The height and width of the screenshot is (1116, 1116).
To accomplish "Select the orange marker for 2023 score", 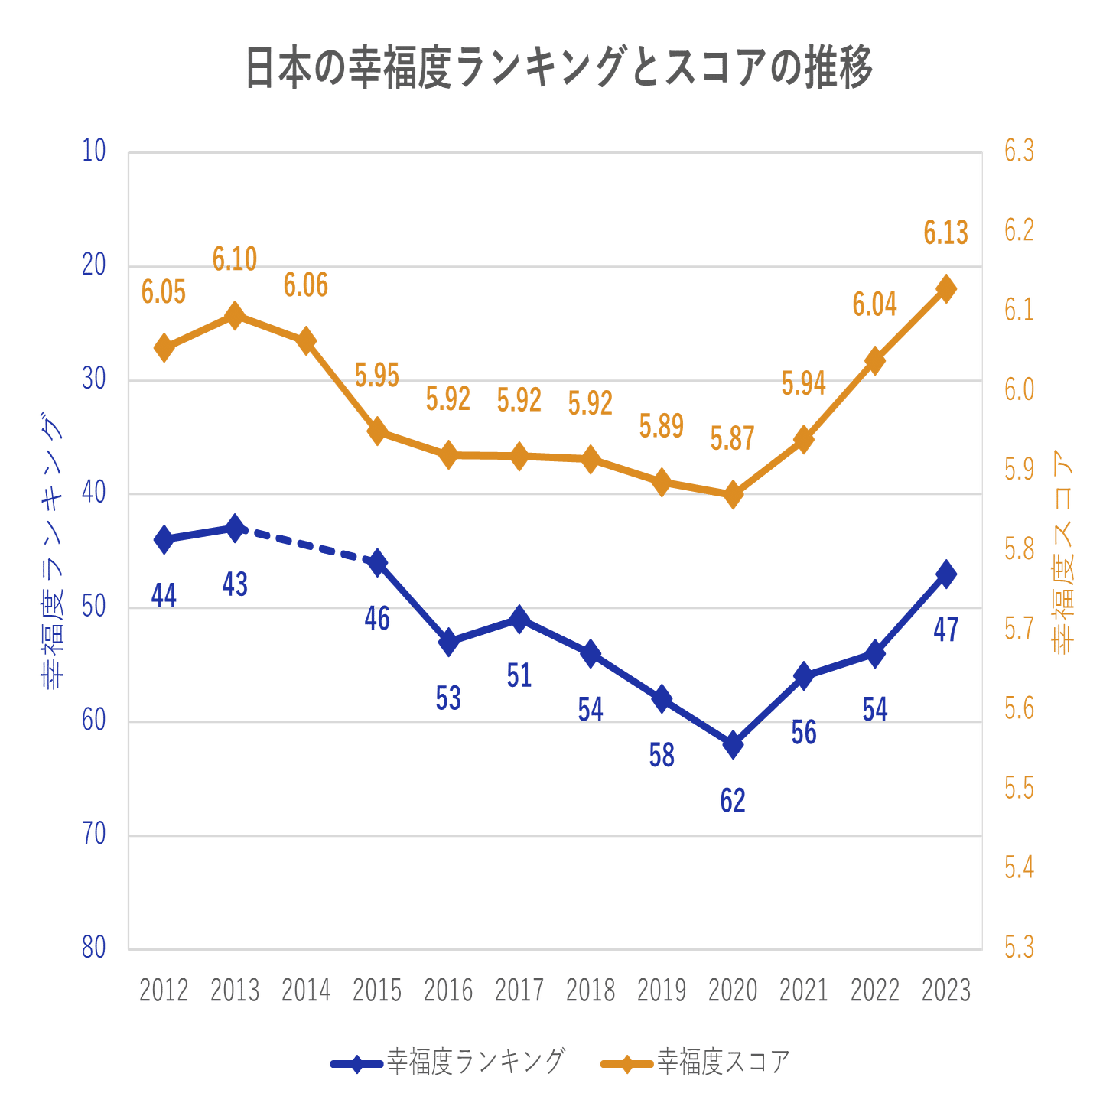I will [946, 289].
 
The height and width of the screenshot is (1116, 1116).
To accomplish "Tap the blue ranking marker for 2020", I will [733, 743].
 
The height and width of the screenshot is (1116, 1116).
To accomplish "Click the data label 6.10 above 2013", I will [235, 259].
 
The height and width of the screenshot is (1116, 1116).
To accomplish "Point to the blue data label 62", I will [733, 800].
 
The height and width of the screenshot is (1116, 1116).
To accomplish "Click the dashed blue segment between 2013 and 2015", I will [306, 545].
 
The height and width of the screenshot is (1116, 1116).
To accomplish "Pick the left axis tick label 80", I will [94, 948].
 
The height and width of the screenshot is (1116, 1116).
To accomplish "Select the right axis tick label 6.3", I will [1019, 151].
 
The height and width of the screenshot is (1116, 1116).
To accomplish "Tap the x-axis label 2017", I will [519, 991].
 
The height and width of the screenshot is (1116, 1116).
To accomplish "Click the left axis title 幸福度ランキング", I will [51, 551].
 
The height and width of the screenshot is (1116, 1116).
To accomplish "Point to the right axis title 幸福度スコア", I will [1064, 551].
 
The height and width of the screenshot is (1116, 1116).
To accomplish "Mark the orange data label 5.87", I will [733, 439].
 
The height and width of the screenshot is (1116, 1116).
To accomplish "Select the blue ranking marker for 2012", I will [164, 539].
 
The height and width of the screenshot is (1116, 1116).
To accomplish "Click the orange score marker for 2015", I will [377, 431].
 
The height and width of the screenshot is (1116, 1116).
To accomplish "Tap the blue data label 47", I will [946, 630].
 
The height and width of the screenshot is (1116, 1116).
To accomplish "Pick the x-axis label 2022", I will [875, 991].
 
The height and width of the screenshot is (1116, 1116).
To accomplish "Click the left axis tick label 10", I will [94, 151].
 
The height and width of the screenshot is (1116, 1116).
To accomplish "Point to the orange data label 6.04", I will [875, 304].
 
